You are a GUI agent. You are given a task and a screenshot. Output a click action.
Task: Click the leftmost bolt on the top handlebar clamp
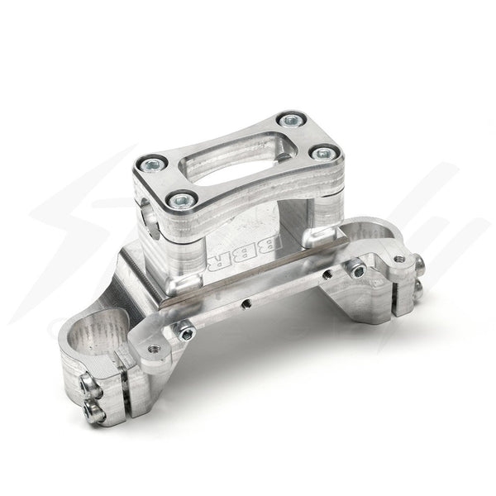pyautogui.click(x=151, y=162)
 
